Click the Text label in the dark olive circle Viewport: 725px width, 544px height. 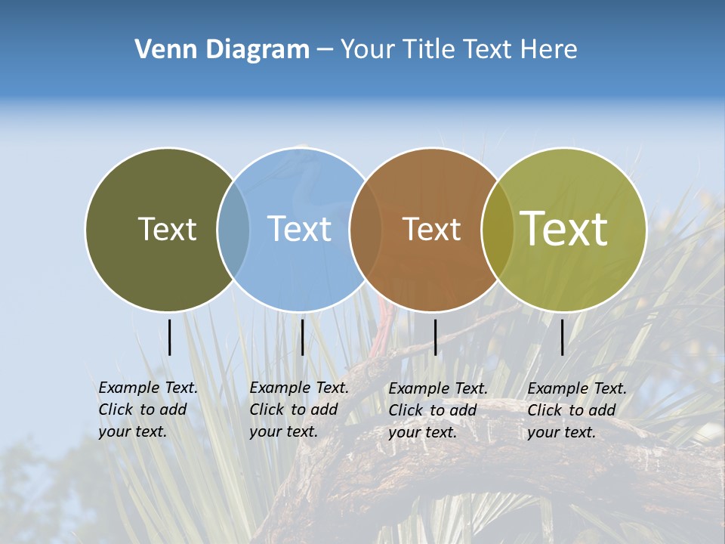click(167, 229)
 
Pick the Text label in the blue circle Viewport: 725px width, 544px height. click(299, 229)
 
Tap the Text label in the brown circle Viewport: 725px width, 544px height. click(431, 229)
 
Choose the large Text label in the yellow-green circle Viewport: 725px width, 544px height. click(564, 229)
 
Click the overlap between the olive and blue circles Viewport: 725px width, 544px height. click(233, 230)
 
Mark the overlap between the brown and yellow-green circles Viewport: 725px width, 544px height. click(497, 230)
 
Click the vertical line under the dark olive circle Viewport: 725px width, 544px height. click(169, 337)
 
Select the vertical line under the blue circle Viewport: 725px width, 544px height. click(302, 337)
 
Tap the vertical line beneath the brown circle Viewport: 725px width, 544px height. click(435, 337)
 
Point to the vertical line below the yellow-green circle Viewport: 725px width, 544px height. click(562, 337)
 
